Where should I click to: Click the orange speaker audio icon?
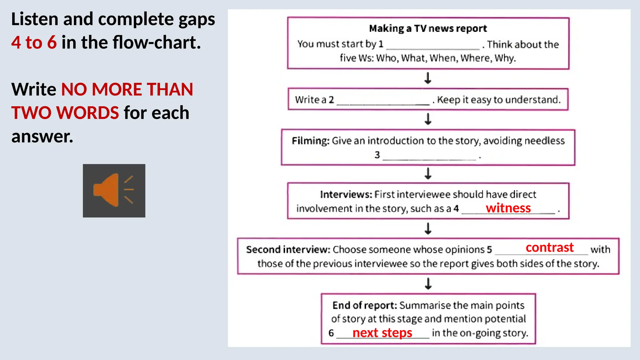pos(114,190)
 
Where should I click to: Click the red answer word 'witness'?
pos(508,208)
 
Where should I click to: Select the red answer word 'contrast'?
pos(550,247)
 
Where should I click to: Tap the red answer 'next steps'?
pos(382,333)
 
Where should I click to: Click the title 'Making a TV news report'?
pos(428,28)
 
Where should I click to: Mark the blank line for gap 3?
pos(429,158)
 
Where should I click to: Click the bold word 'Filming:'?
pos(310,141)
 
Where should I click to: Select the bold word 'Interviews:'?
pos(346,194)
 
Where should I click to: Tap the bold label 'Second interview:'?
pos(288,249)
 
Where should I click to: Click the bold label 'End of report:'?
pos(364,305)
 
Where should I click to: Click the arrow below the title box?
pos(428,78)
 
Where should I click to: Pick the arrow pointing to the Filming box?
pos(428,119)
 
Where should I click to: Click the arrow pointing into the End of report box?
pos(428,284)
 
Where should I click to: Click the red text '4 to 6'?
pos(34,42)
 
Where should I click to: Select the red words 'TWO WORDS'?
pos(65,113)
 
